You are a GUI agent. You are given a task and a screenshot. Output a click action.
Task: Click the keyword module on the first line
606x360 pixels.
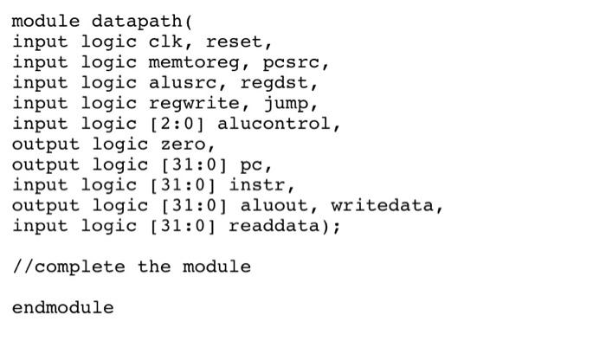tap(46, 21)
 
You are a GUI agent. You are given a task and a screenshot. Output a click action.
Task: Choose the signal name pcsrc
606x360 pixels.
tap(296, 62)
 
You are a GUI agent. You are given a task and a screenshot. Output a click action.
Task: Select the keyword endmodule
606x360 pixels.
tap(63, 307)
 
